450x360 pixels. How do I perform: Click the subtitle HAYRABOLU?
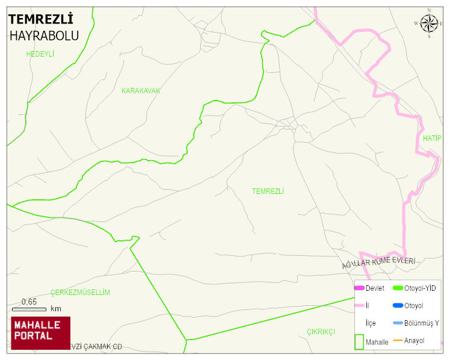tap(44, 36)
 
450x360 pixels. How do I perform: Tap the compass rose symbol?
tap(429, 23)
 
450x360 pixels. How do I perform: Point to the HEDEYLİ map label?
tap(40, 54)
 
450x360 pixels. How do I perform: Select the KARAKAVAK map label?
tap(141, 91)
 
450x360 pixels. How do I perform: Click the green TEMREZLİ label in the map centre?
tap(268, 191)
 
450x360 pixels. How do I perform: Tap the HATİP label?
tap(432, 138)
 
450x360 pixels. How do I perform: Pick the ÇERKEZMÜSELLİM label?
tap(80, 293)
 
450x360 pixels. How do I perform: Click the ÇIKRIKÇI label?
tap(321, 332)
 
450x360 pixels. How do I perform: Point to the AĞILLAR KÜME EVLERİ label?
tap(378, 262)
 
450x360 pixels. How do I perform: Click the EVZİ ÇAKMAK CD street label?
tap(96, 347)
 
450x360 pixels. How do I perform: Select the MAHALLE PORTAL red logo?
tap(40, 332)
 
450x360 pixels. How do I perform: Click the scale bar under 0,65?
tap(29, 309)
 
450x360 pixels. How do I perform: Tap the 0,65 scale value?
tap(29, 302)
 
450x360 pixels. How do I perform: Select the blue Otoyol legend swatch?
tap(398, 306)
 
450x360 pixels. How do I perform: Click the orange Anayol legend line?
tap(398, 341)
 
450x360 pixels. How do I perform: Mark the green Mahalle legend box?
tap(359, 342)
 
